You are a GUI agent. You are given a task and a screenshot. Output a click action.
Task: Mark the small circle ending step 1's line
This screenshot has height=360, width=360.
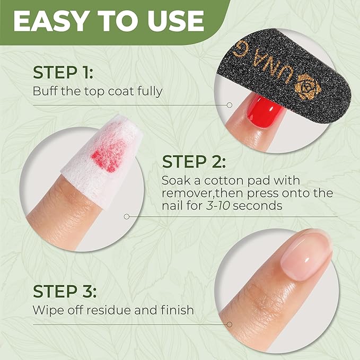pyautogui.click(x=230, y=105)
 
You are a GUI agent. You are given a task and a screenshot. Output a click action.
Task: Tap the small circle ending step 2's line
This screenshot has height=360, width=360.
pyautogui.click(x=126, y=216)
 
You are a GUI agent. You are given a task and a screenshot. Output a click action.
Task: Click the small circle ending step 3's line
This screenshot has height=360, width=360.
pyautogui.click(x=230, y=324)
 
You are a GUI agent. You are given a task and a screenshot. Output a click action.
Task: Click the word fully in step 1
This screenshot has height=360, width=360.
pyautogui.click(x=150, y=91)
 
